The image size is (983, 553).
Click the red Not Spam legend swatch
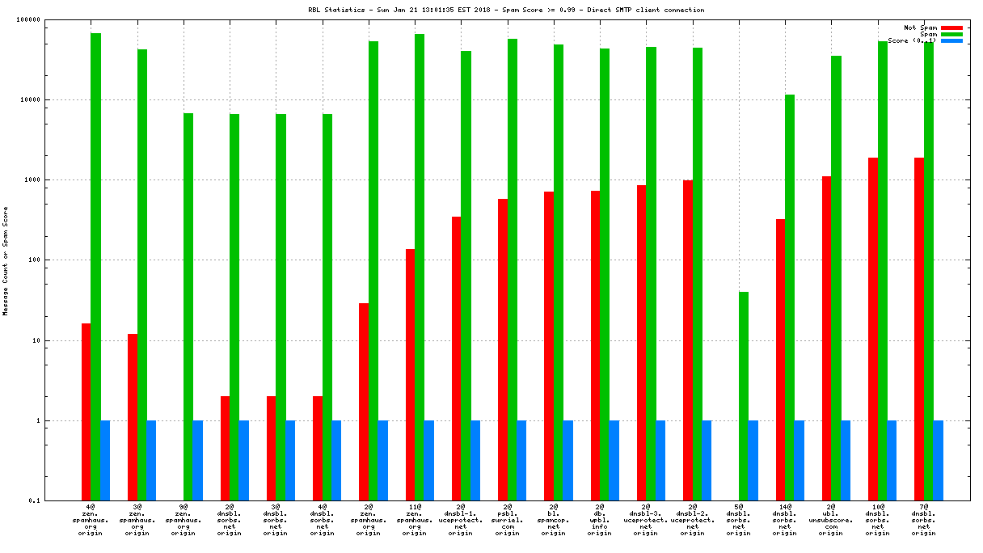point(951,27)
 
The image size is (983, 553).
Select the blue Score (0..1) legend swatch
point(951,40)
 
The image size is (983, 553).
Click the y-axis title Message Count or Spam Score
point(6,260)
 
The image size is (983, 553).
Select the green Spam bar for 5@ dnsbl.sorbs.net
point(743,396)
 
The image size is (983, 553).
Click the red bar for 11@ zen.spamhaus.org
point(410,375)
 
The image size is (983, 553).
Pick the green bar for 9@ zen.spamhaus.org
point(188,307)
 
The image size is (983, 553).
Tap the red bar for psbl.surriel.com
point(503,350)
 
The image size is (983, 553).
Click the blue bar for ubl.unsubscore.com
point(846,461)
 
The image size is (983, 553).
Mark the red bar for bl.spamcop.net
point(549,346)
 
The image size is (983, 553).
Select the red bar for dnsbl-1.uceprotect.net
point(456,359)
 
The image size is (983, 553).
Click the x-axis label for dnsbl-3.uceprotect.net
point(645,518)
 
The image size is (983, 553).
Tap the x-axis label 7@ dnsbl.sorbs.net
point(922,518)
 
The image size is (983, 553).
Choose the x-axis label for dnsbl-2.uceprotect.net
point(691,518)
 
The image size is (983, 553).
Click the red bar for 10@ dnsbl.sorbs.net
point(873,329)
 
